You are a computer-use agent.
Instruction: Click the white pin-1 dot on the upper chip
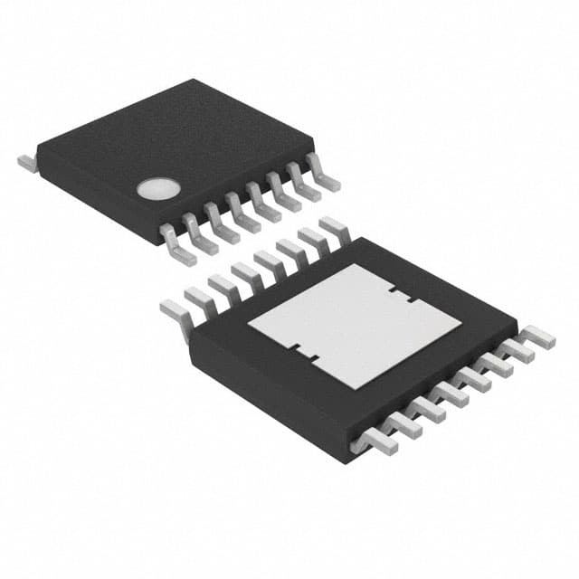tap(152, 188)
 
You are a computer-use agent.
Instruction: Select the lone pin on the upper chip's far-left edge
tap(25, 163)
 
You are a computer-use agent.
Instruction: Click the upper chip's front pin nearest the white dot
tap(178, 245)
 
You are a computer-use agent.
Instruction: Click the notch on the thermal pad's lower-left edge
tap(304, 356)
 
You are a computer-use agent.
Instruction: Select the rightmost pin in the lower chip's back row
tap(336, 227)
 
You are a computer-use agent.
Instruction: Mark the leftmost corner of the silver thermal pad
tap(248, 325)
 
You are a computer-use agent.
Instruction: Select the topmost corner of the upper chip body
tap(195, 81)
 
